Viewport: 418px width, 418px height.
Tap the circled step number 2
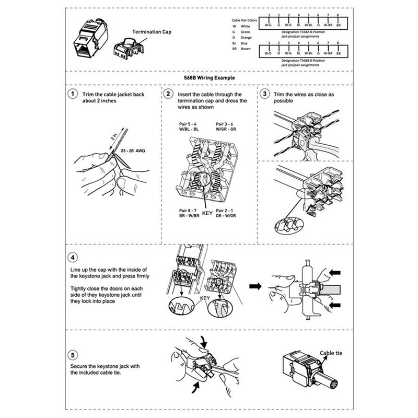pos(168,95)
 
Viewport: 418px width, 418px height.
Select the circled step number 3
pos(265,95)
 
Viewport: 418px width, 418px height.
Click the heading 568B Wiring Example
pos(208,77)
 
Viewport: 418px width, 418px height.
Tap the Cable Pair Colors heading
pos(245,20)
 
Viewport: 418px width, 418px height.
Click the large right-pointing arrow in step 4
pos(255,286)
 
